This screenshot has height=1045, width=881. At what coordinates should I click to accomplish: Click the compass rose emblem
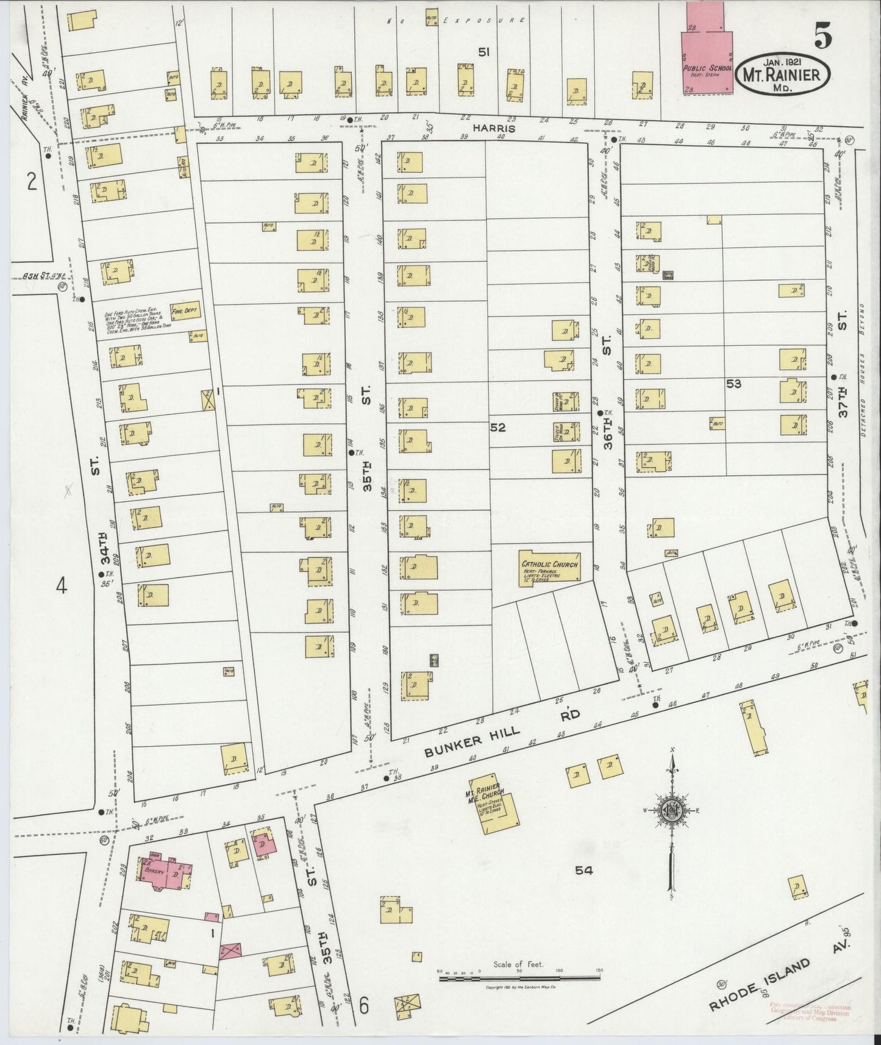click(x=671, y=811)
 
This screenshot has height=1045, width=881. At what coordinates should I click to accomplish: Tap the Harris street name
click(x=494, y=129)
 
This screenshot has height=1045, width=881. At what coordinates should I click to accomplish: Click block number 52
click(x=498, y=427)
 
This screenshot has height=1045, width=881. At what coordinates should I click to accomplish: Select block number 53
click(x=733, y=383)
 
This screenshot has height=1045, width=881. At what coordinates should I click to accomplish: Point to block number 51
click(x=483, y=52)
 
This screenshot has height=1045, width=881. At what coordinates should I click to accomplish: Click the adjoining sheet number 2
click(x=32, y=181)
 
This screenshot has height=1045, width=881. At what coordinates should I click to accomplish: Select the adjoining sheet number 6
click(x=364, y=1005)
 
